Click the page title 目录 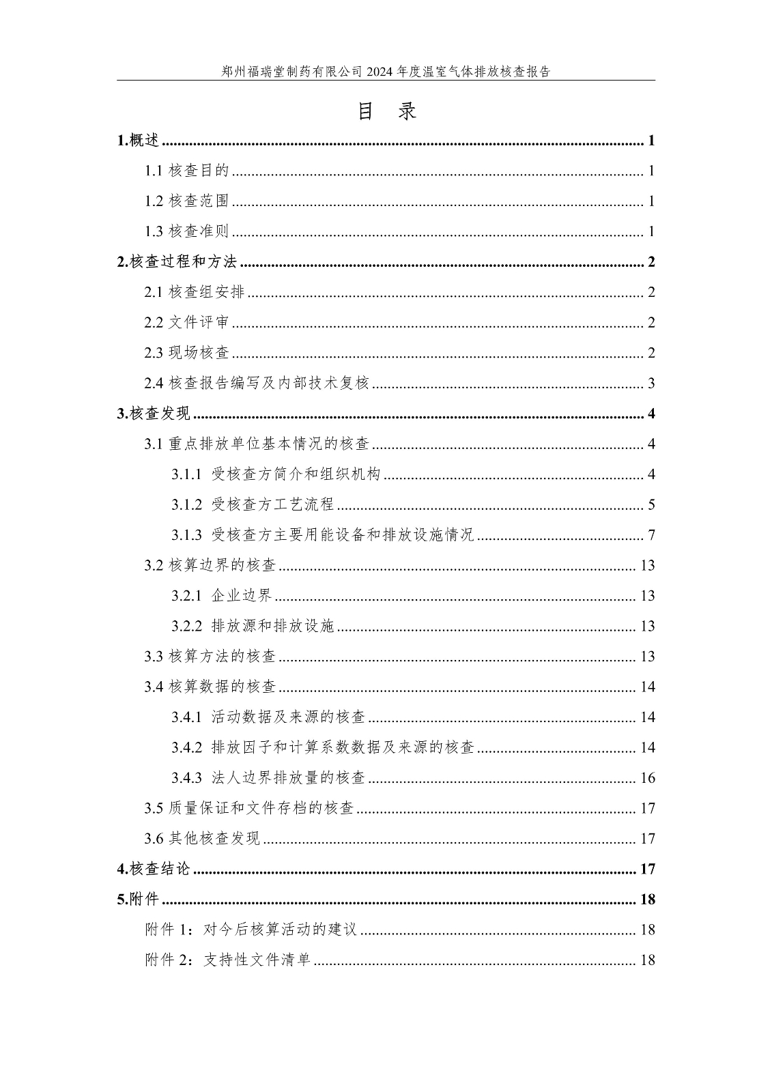pos(386,111)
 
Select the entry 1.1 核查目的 pos(186,171)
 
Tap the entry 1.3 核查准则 pos(186,231)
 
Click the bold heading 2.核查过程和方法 pos(177,262)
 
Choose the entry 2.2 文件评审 pos(186,322)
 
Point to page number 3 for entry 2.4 pos(651,383)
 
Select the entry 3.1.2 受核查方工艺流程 pos(253,504)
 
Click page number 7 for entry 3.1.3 pos(651,534)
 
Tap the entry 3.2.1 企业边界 pos(222,596)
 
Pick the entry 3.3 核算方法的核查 pos(210,657)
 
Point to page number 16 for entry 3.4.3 pos(647,778)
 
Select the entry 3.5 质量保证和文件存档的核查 pos(249,808)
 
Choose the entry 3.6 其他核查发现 pos(202,839)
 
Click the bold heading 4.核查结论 pos(154,869)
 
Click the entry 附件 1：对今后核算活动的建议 pos(251,930)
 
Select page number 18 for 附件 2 pos(647,960)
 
